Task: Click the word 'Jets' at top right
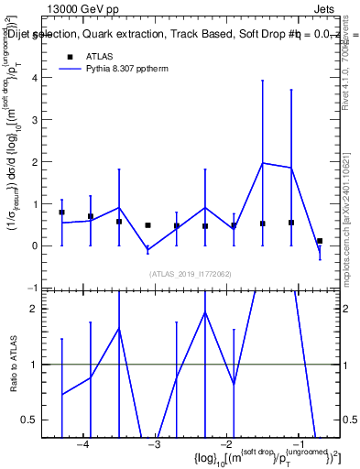click(x=324, y=7)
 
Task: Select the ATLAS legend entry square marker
click(x=69, y=57)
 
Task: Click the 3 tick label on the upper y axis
click(x=37, y=120)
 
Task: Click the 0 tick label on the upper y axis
click(x=37, y=245)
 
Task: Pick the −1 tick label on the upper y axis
click(x=34, y=288)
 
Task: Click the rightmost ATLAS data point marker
click(x=320, y=241)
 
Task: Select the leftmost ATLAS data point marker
click(x=61, y=213)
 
